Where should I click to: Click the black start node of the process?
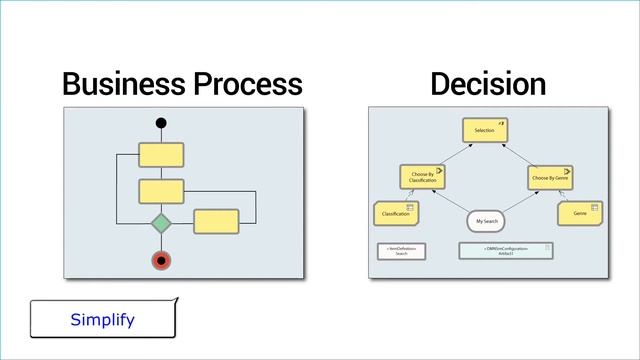pyautogui.click(x=161, y=124)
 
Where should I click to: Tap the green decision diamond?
pyautogui.click(x=161, y=221)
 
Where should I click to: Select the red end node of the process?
pyautogui.click(x=161, y=261)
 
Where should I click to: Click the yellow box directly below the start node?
pyautogui.click(x=161, y=154)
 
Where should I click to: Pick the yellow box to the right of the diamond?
pyautogui.click(x=216, y=221)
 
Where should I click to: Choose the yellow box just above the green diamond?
pyautogui.click(x=161, y=190)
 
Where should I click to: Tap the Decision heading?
pyautogui.click(x=488, y=84)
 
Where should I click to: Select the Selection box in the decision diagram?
pyautogui.click(x=485, y=130)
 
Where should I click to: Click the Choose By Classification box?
pyautogui.click(x=422, y=178)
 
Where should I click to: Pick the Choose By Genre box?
pyautogui.click(x=549, y=178)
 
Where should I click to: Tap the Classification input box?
pyautogui.click(x=396, y=214)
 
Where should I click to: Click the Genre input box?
pyautogui.click(x=579, y=214)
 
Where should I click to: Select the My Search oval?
pyautogui.click(x=487, y=220)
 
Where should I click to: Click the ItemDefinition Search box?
pyautogui.click(x=402, y=251)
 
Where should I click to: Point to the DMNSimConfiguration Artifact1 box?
pyautogui.click(x=506, y=251)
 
